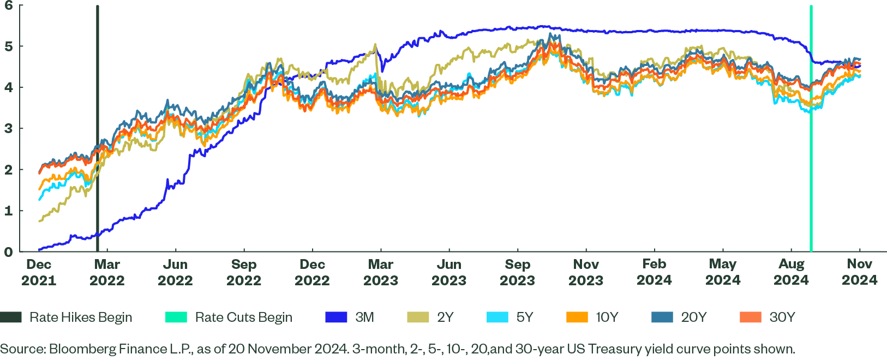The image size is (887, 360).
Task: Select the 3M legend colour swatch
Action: click(x=336, y=317)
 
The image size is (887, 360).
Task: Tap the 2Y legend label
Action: click(x=445, y=317)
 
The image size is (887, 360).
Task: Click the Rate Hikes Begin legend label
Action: click(x=81, y=317)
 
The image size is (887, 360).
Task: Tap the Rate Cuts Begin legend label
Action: click(x=243, y=317)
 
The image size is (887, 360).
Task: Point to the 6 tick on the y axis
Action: click(x=8, y=5)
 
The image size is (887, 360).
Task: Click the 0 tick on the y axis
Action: click(x=8, y=252)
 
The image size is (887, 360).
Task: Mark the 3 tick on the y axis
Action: click(x=8, y=129)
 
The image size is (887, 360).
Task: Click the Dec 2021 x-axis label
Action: click(x=39, y=272)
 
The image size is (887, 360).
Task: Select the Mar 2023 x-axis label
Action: click(x=381, y=272)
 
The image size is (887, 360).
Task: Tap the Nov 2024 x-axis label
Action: click(x=860, y=272)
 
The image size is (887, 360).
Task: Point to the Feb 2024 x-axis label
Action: click(x=654, y=272)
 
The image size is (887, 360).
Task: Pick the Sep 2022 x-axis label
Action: click(x=244, y=272)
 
